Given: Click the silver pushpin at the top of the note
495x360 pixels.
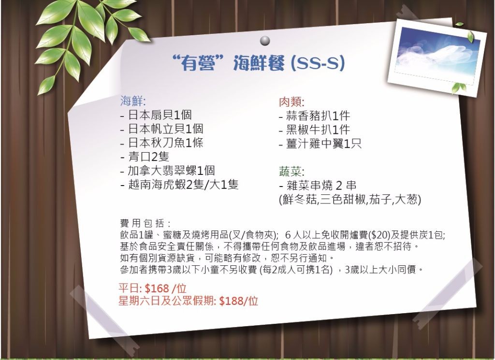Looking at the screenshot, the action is coord(265,41).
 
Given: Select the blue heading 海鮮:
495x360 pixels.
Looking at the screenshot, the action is coord(132,101).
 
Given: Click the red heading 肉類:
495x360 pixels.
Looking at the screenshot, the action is coord(291,102).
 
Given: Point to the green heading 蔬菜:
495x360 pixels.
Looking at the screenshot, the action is coord(291,172).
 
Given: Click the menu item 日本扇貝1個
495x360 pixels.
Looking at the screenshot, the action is coord(160,115).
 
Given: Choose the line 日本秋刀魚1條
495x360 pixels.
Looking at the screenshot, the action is coord(165,143).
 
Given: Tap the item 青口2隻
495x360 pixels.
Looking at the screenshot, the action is coord(148,157).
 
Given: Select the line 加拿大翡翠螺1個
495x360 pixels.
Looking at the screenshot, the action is coord(171,171).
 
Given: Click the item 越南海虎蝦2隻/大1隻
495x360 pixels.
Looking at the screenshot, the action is coord(183,184).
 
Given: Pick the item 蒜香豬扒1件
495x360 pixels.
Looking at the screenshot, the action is coord(318,116).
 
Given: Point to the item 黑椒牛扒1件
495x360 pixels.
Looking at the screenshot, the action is coord(318,130).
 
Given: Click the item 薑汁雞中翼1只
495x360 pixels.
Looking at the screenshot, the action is coord(323,144).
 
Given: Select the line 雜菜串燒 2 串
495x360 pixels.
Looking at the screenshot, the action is coord(321,185).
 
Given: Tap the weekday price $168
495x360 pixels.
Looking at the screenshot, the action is coord(157,288).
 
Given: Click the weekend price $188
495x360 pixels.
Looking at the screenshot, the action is coord(232,301).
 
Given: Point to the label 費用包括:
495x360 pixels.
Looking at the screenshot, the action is coord(146,223).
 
